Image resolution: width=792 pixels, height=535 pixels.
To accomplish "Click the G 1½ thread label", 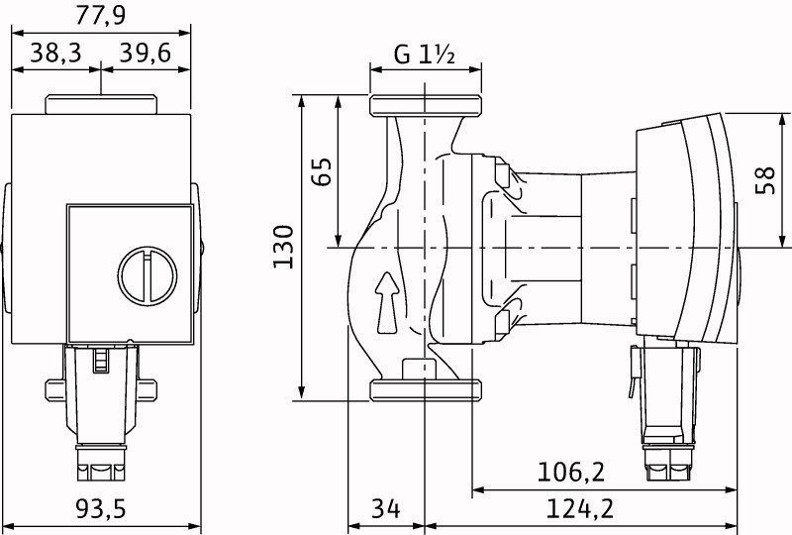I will point(424,54).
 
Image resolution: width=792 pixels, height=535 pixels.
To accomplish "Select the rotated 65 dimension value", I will point(319,171).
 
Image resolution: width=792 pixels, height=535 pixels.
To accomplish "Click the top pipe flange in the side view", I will point(425,106).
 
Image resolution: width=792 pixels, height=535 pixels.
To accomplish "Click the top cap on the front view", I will point(101,104).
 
